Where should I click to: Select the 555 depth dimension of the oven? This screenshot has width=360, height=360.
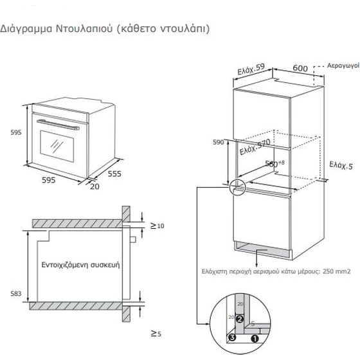point(114,174)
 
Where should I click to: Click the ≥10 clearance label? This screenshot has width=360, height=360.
point(157,226)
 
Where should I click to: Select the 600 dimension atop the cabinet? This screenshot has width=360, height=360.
point(300,67)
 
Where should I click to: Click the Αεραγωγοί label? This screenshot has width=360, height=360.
point(342,66)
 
